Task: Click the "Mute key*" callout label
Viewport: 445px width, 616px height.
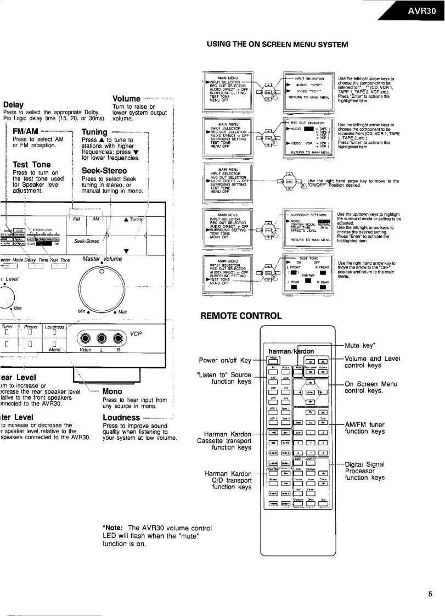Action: click(x=360, y=346)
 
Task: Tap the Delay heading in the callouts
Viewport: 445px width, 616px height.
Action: click(x=13, y=104)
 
